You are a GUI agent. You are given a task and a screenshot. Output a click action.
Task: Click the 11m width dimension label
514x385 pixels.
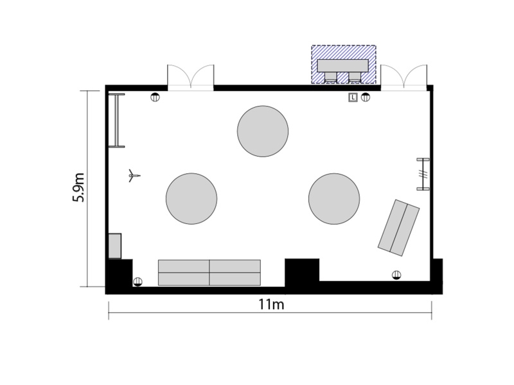pyautogui.click(x=271, y=304)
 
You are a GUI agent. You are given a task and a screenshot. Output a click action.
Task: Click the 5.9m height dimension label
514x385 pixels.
pyautogui.click(x=78, y=187)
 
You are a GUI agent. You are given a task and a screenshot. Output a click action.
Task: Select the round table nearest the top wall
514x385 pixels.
pyautogui.click(x=263, y=132)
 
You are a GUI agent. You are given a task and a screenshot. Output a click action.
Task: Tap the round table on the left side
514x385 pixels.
pyautogui.click(x=191, y=199)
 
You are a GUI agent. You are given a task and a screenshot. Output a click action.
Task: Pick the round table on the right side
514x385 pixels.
pyautogui.click(x=334, y=199)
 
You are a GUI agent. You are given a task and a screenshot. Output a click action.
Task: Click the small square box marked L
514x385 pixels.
pyautogui.click(x=353, y=98)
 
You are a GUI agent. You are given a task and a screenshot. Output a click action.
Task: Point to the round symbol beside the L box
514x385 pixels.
pyautogui.click(x=366, y=98)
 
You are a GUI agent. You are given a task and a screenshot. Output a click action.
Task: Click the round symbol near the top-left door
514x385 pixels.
pyautogui.click(x=155, y=98)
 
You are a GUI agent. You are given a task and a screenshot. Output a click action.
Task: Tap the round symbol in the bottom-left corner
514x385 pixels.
pyautogui.click(x=137, y=282)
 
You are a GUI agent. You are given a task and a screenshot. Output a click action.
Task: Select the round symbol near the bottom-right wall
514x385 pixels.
pyautogui.click(x=396, y=275)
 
